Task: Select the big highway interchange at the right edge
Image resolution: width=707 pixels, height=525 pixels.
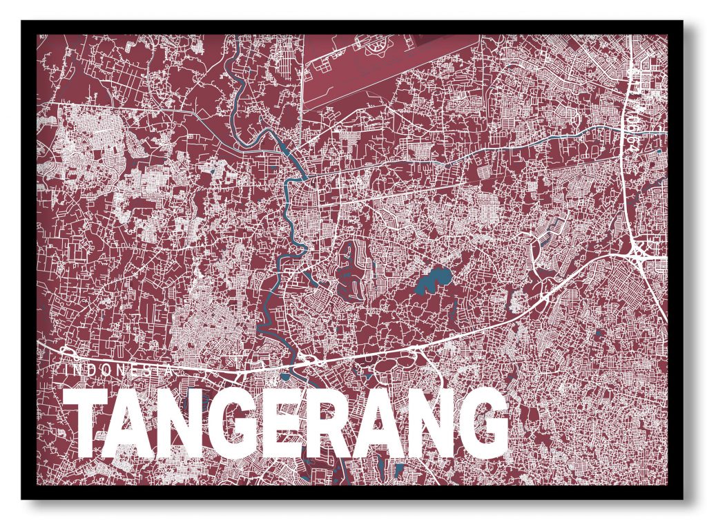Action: pos(641,248)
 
